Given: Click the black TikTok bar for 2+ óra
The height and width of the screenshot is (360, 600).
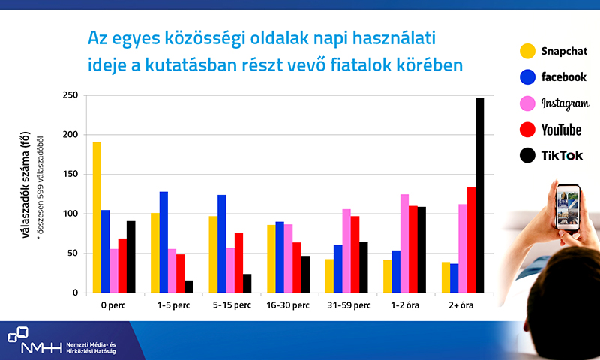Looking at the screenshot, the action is coord(479,195).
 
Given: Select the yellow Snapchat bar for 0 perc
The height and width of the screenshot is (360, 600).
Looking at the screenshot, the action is coord(97,217).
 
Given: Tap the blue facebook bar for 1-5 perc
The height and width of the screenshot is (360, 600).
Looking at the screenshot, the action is coord(163,242).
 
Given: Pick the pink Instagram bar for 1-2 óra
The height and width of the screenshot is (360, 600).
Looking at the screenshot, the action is coord(404,243).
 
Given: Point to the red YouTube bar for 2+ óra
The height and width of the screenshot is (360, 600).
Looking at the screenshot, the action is coord(471,240).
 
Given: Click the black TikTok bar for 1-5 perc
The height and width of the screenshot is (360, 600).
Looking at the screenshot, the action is coord(189,286).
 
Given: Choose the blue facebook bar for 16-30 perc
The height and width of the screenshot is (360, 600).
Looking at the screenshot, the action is coord(280,257).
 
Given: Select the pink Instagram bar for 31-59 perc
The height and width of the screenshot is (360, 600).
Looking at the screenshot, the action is coord(346,251).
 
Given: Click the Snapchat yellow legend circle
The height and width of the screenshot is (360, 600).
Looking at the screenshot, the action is coord(527,51).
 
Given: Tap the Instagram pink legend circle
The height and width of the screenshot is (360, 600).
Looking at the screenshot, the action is coord(527,103).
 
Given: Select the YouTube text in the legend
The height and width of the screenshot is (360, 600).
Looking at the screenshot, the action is coord(561,130).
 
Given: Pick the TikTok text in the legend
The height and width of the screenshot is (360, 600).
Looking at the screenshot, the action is coord(562,156).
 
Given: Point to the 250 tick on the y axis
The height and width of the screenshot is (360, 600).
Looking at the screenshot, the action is coord(70,95).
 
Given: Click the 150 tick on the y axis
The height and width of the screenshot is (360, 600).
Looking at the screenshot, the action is coord(70,174).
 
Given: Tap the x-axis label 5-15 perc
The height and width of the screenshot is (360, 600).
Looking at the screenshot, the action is coord(232,305).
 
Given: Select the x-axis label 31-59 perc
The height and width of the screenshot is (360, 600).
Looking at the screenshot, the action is coord(349,305).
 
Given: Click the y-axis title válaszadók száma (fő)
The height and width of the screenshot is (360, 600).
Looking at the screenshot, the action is coord(25,184).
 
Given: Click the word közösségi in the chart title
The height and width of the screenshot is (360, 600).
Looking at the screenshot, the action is coord(205,39).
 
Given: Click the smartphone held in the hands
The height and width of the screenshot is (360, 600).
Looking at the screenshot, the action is coord(568,207).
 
